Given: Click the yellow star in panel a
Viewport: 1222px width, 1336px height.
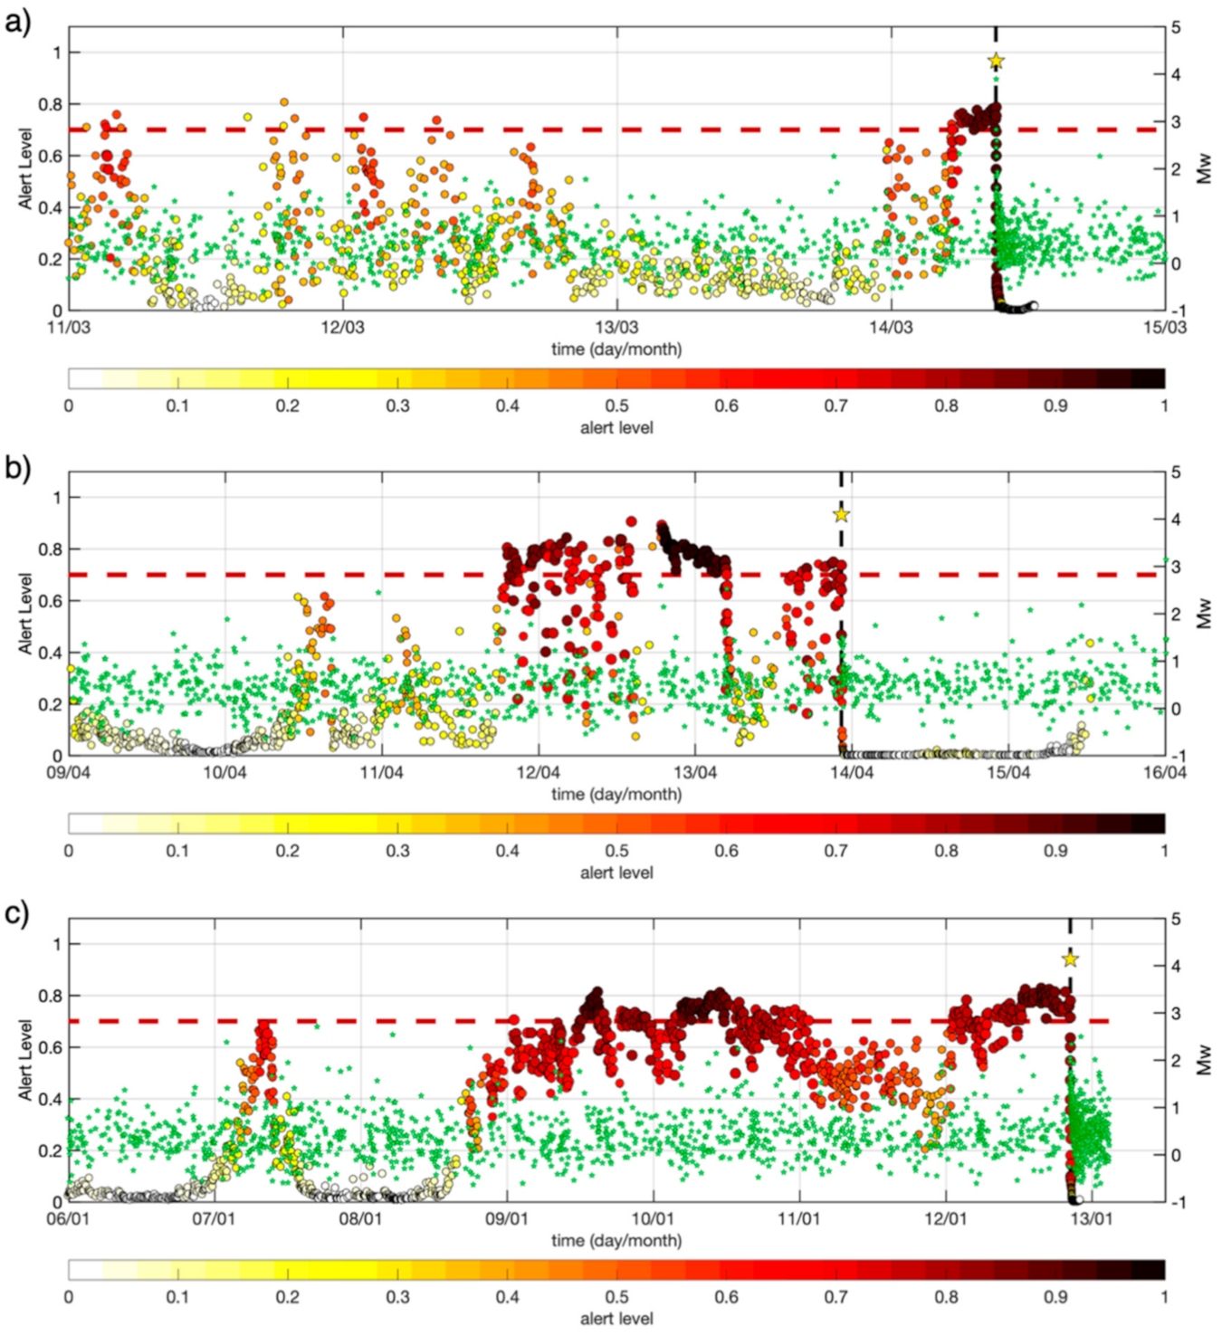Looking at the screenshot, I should coord(996,61).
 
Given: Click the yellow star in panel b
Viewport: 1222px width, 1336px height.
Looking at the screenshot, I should coord(841,514).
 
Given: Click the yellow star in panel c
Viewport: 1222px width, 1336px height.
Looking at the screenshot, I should coord(1070,959).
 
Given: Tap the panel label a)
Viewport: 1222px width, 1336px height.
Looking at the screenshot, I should coord(17,21).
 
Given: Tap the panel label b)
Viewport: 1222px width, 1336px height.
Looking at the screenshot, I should coord(17,466).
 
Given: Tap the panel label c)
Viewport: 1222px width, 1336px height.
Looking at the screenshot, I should coord(17,912).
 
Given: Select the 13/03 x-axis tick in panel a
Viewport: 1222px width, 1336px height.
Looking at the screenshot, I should coord(616,327).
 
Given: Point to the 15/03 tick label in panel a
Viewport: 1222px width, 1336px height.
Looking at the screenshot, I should coord(1164,327).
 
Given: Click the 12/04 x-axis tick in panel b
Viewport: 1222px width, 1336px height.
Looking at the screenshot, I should coord(539,772).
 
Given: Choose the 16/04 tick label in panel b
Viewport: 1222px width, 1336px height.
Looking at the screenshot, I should coord(1164,772).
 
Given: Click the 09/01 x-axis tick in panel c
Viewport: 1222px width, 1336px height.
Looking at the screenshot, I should coord(507,1218).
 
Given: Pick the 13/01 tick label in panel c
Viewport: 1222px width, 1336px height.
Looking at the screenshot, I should coord(1092,1218).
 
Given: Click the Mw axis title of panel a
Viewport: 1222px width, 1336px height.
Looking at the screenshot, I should coord(1205,168).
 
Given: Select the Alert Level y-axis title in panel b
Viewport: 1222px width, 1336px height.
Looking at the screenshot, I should coord(25,614).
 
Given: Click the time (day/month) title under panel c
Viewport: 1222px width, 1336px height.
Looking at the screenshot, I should coord(616,1240).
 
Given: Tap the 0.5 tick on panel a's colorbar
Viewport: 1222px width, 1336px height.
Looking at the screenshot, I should coord(617,406).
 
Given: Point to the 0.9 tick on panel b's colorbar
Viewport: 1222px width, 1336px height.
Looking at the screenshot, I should coord(1055,851).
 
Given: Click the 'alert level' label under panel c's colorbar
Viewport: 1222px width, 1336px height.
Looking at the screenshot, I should coord(616,1318).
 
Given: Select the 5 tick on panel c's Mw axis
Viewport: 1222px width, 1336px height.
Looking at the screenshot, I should coord(1176,919).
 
